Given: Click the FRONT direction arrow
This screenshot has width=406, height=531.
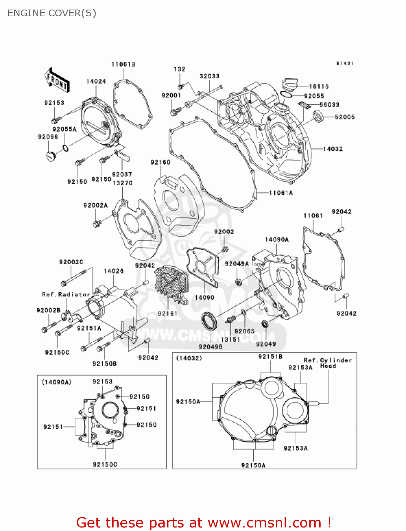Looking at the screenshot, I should click(57, 81).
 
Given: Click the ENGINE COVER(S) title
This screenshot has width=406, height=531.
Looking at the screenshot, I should click(52, 13).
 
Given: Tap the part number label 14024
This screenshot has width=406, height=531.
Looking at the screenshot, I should click(96, 81).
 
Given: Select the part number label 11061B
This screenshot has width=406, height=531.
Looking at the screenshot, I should click(123, 64).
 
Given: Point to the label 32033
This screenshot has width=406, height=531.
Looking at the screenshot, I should click(209, 76).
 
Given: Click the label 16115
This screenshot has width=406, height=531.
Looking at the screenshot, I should click(319, 86).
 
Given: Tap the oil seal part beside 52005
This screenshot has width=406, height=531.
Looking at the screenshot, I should click(318, 116).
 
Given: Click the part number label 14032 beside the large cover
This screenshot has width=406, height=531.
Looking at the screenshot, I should click(333, 149).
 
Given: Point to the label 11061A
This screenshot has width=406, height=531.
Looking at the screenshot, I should click(281, 193).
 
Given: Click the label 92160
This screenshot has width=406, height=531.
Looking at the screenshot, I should click(160, 162).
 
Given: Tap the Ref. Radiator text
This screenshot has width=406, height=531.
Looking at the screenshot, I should click(66, 295).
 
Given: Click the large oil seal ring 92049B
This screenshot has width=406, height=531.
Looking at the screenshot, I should click(210, 321).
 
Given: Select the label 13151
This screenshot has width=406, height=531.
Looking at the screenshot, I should click(230, 339).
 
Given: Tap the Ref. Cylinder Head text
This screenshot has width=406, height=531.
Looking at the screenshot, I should click(328, 363).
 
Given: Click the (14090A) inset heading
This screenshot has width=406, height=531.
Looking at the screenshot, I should click(57, 382).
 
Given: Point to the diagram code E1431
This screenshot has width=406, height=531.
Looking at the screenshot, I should click(344, 63).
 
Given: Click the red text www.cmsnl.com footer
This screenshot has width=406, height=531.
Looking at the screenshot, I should click(204, 523).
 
